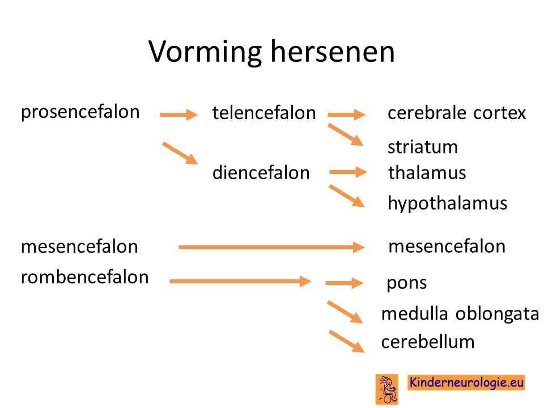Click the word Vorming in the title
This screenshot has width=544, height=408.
pos(205,52)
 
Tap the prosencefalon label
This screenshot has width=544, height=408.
pos(80,113)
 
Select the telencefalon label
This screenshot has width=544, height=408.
pos(264,113)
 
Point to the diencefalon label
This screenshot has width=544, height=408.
pos(261,172)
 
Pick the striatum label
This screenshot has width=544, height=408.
pos(423,147)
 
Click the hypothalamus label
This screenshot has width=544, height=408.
pos(448,203)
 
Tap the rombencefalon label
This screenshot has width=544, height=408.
pos(84,277)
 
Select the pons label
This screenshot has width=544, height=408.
pos(407,284)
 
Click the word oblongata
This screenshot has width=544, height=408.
pos(497,313)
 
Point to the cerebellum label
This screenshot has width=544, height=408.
pos(428,342)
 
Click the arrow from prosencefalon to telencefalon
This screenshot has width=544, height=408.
pos(178,114)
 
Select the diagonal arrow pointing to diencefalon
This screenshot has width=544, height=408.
pos(180,153)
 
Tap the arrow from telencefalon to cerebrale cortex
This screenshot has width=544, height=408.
pos(347,114)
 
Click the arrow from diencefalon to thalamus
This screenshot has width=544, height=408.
pos(348,172)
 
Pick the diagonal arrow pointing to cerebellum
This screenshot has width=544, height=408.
pos(347,341)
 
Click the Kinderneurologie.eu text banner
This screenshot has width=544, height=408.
pos(466,382)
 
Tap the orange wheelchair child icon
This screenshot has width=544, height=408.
pos(387,389)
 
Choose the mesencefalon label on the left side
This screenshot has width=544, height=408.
pos(79,246)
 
